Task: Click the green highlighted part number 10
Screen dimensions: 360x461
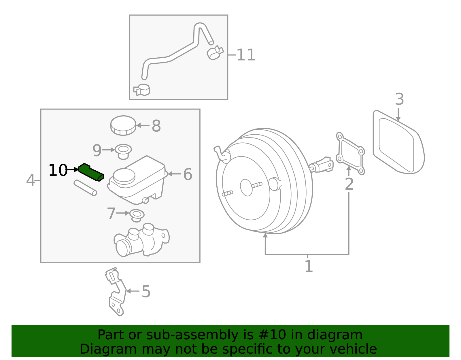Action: tap(91, 172)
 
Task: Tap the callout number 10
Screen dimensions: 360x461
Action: tap(58, 170)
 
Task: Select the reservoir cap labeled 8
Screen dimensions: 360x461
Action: tap(123, 125)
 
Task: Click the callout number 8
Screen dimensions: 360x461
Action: tap(156, 126)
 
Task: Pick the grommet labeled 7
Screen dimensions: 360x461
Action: tap(137, 215)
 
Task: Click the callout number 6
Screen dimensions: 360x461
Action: tap(188, 174)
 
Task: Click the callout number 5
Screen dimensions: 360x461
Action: tap(146, 292)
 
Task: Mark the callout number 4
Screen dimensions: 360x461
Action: tap(30, 181)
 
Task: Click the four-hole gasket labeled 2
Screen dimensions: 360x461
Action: tap(350, 154)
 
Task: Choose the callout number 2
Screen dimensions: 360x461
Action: tap(349, 184)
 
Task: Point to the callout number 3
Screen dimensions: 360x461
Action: tap(399, 99)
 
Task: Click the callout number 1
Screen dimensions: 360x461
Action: tap(309, 266)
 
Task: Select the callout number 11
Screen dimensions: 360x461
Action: tap(246, 55)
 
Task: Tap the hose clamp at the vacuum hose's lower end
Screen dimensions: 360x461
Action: tap(142, 90)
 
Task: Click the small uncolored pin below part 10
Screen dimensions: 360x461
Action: tap(85, 188)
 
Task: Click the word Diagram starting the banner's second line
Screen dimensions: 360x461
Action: tap(97, 349)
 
